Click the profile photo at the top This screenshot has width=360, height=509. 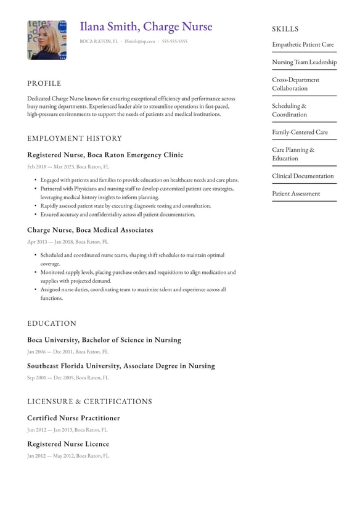(x=47, y=40)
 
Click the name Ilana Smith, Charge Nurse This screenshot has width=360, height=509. (x=145, y=27)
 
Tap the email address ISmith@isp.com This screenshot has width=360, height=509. (x=140, y=41)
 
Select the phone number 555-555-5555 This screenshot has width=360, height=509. (x=174, y=41)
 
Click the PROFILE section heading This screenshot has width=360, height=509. (x=44, y=83)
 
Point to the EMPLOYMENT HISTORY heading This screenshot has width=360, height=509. (x=75, y=138)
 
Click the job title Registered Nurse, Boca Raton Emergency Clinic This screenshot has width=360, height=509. (x=105, y=155)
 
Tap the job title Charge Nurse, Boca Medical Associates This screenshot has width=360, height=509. (x=90, y=230)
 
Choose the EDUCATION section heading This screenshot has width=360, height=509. (x=52, y=323)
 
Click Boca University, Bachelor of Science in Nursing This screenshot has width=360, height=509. (x=104, y=340)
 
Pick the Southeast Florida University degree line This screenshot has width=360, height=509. (x=121, y=366)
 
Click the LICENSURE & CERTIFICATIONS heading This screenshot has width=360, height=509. (x=89, y=402)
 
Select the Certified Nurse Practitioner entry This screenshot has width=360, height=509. (x=73, y=418)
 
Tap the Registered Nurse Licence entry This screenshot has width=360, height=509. (x=68, y=444)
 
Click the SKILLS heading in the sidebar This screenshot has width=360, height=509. (x=285, y=29)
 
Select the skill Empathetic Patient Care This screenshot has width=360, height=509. (x=303, y=44)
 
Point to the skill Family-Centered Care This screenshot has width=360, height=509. (x=300, y=132)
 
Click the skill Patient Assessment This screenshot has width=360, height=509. (x=296, y=194)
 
